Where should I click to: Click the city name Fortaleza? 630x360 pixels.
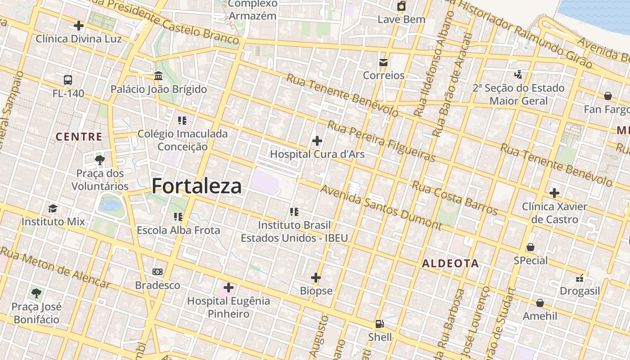(196, 186)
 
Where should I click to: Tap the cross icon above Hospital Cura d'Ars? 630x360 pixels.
(317, 141)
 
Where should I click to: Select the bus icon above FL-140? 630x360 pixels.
(68, 80)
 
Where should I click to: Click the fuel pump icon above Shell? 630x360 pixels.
(380, 324)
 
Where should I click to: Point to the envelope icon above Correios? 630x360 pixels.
(383, 63)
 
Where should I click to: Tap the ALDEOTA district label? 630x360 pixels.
(450, 264)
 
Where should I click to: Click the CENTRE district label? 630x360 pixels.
(79, 137)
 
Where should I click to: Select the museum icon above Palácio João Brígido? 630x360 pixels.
(158, 76)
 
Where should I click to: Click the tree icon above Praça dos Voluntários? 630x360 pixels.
(100, 160)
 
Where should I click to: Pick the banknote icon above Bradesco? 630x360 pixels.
(157, 272)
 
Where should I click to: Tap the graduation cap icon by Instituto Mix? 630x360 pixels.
(53, 208)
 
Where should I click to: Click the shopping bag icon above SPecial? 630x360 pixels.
(531, 247)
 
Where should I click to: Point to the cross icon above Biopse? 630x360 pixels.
(316, 278)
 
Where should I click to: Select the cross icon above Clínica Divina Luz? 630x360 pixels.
(79, 26)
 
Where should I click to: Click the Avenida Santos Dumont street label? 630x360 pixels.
(381, 207)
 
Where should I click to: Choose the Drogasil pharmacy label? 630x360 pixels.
(580, 291)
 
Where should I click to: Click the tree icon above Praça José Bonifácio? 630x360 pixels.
(36, 294)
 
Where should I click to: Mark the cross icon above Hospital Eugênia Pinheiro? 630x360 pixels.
(229, 287)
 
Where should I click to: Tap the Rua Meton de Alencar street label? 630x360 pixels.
(55, 267)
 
